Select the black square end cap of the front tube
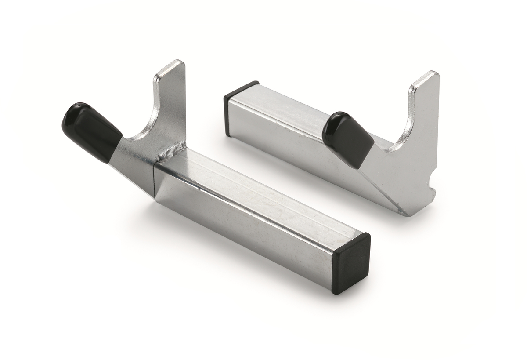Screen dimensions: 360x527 pyautogui.click(x=351, y=263)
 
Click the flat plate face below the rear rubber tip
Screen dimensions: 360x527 pyautogui.click(x=386, y=176)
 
